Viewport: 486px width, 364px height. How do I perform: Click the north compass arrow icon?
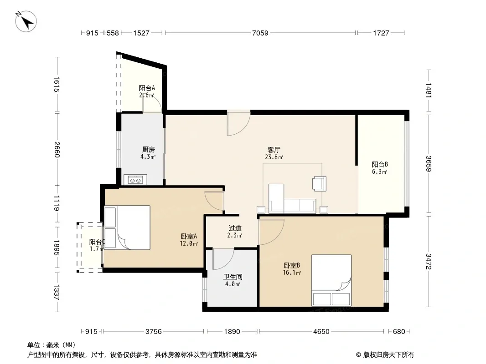click(26, 21)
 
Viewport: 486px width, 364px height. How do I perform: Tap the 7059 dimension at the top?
click(260, 33)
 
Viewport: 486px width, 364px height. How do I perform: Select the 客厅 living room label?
click(274, 150)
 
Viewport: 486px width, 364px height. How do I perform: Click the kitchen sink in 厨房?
click(135, 180)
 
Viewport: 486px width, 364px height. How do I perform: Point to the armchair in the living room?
click(319, 183)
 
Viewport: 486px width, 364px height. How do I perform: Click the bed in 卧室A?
click(127, 227)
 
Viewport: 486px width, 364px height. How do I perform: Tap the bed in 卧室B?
click(331, 280)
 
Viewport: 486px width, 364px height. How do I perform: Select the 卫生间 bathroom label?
click(233, 277)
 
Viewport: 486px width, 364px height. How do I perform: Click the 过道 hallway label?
click(235, 228)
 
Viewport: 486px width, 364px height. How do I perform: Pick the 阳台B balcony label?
click(380, 164)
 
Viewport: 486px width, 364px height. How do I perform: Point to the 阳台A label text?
click(147, 88)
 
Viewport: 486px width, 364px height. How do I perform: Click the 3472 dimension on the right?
click(429, 261)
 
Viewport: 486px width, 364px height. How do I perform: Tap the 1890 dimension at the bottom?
click(232, 332)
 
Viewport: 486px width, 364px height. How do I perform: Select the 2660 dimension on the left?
click(57, 149)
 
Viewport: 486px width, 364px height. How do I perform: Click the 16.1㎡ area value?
click(292, 273)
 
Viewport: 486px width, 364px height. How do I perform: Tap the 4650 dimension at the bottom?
click(321, 332)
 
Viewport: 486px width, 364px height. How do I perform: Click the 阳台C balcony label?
click(97, 242)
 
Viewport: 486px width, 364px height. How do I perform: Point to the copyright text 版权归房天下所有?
click(388, 355)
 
